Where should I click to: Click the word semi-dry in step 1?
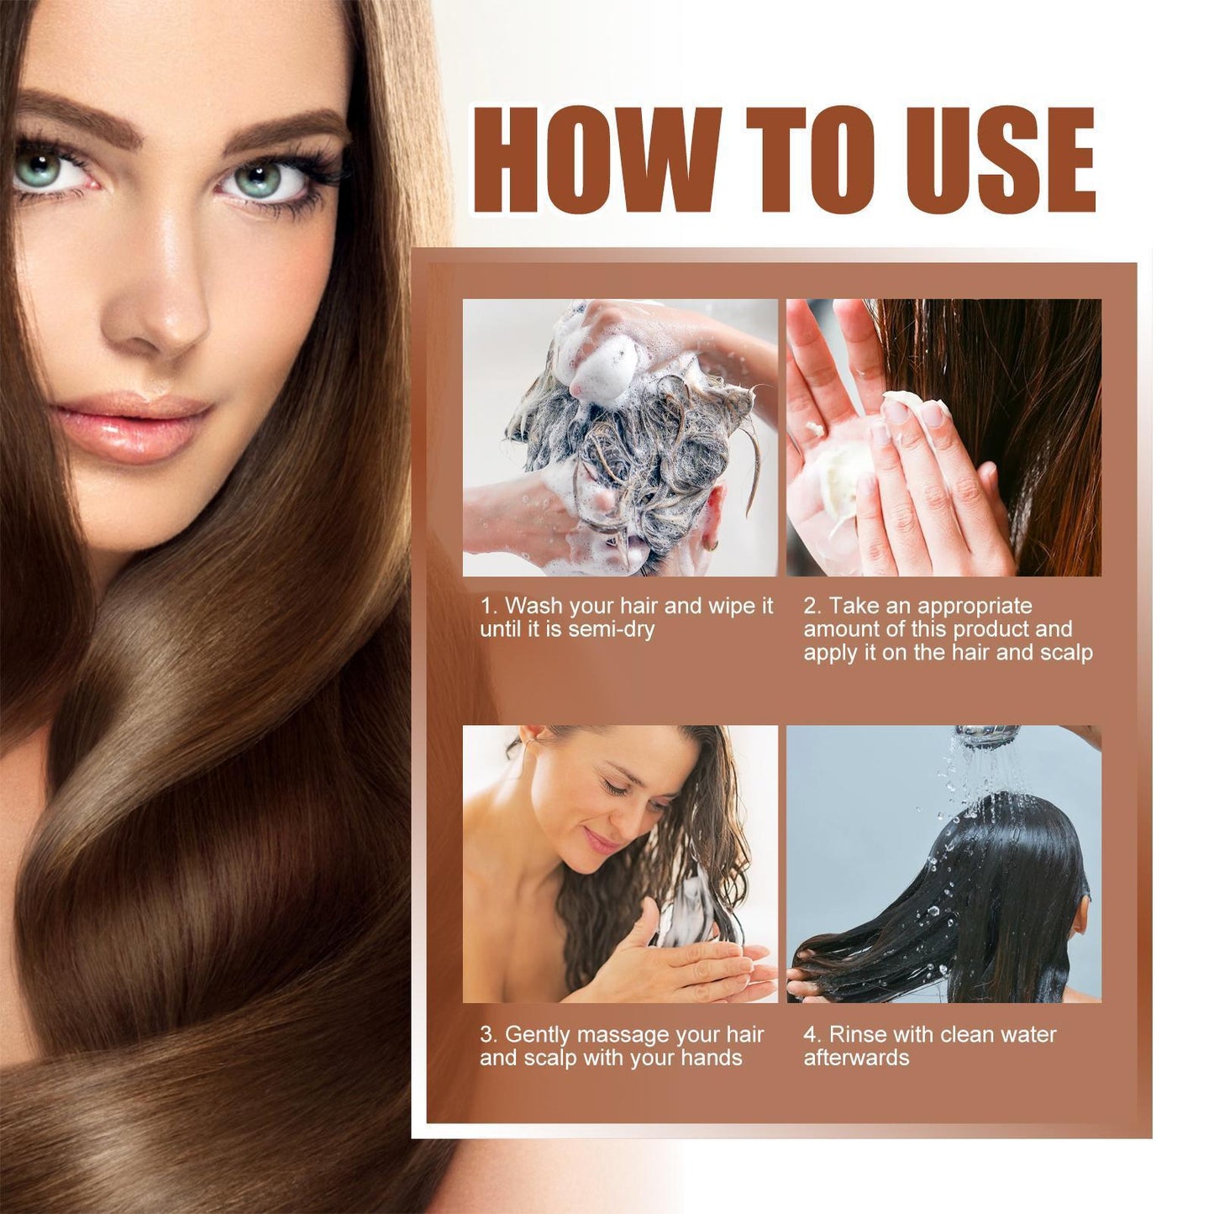pos(611,629)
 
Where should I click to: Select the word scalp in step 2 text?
pos(1066,653)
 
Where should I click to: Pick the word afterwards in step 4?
pos(856,1058)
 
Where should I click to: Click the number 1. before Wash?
pos(488,606)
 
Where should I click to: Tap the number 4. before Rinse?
pos(812,1035)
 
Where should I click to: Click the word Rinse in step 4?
pos(858,1035)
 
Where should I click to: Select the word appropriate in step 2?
pos(975,607)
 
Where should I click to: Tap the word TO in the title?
pos(811,160)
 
